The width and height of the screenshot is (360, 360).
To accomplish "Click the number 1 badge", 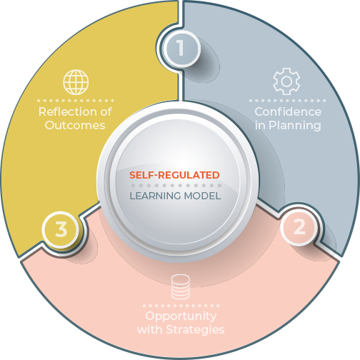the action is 181,49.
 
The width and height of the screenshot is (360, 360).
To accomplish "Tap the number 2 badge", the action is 299,227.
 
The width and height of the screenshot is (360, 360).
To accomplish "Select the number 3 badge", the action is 61,230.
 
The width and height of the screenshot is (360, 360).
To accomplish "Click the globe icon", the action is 76,82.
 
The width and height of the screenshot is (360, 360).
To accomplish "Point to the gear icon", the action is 286,81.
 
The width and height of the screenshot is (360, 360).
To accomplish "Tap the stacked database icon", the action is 181,287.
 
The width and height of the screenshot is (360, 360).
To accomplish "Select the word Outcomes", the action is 75,125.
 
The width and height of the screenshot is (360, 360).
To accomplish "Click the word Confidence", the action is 288,111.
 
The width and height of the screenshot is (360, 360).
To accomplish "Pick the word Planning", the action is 295,126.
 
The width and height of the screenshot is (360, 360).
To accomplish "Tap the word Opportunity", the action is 181,316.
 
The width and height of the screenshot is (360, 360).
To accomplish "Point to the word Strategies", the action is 195,330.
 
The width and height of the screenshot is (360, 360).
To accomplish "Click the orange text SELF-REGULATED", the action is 174,175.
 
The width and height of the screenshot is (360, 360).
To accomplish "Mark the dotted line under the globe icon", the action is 76,101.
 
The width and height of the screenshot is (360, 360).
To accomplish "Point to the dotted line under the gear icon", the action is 287,101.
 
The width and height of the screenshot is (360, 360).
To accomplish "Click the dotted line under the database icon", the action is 181,306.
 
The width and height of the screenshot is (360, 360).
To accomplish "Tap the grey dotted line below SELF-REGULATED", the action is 176,186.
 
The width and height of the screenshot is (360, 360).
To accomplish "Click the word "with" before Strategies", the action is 150,330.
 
